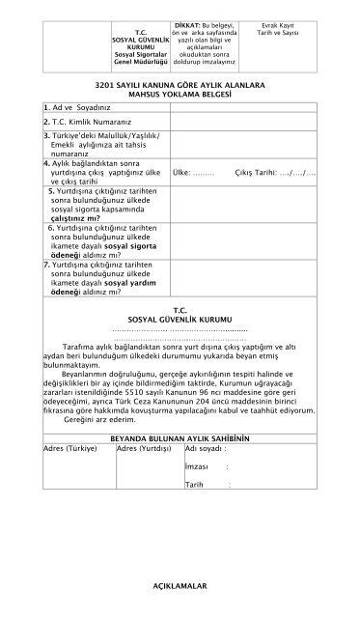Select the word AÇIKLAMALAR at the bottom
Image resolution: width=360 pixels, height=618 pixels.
(x=180, y=586)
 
